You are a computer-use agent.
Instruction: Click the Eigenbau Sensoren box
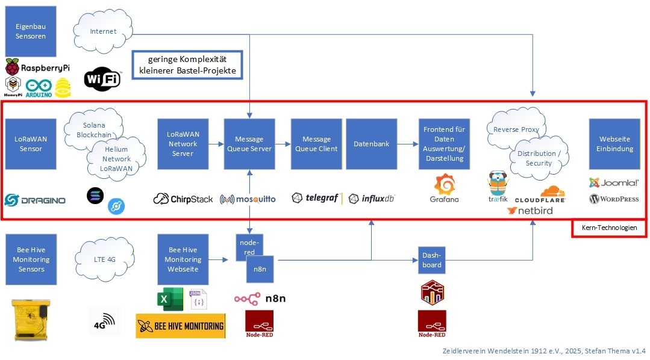(x=31, y=31)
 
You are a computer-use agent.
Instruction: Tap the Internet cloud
(x=103, y=31)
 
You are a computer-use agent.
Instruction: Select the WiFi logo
(x=102, y=78)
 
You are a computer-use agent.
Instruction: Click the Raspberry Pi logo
(x=37, y=67)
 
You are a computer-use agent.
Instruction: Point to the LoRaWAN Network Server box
(x=183, y=144)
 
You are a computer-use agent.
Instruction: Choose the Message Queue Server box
(x=249, y=144)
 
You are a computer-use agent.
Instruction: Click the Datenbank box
(x=371, y=144)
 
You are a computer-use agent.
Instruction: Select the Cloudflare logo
(x=539, y=194)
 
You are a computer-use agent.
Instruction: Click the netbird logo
(x=530, y=211)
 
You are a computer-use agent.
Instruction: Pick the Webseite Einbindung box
(x=614, y=144)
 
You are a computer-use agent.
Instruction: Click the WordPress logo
(x=614, y=199)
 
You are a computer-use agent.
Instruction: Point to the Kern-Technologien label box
(x=609, y=228)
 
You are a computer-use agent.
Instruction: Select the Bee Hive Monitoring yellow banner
(x=180, y=326)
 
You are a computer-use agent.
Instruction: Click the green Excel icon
(x=170, y=299)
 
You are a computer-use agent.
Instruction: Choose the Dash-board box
(x=431, y=260)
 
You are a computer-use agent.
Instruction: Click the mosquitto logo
(x=248, y=199)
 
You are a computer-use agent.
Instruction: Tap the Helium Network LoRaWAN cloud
(x=116, y=159)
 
